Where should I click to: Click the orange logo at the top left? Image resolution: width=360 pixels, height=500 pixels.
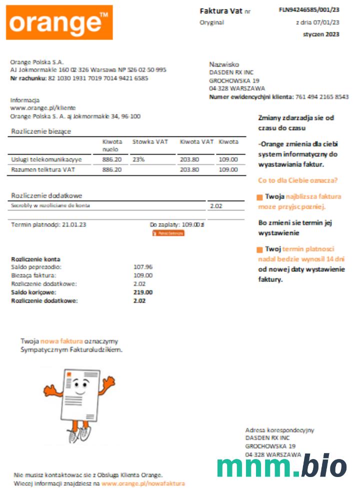[59, 22]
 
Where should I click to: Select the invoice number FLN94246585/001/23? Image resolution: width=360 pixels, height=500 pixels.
[309, 9]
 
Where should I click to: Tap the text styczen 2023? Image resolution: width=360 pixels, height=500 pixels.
[321, 34]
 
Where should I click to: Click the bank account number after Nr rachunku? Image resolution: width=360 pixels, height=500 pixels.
[98, 78]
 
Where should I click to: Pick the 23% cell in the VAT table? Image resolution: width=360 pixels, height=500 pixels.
[138, 159]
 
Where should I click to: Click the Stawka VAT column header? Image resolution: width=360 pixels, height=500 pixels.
[150, 142]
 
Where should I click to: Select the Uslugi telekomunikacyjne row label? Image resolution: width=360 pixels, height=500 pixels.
[46, 159]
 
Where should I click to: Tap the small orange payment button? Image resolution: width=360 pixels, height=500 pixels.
[168, 233]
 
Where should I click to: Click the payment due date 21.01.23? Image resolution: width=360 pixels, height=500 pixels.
[74, 225]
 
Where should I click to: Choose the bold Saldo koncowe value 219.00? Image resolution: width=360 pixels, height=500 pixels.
[143, 292]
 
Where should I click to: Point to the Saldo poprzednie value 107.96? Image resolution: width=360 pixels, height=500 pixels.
[143, 267]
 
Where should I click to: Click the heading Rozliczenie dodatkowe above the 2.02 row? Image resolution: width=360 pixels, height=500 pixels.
[46, 195]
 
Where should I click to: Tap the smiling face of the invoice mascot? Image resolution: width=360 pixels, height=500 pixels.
[80, 385]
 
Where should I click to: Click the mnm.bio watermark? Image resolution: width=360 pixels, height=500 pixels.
[281, 466]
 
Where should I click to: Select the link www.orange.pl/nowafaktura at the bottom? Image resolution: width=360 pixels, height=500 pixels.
[143, 483]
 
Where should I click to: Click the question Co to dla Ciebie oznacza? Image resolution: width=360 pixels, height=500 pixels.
[298, 180]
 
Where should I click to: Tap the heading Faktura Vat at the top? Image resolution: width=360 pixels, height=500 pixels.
[217, 11]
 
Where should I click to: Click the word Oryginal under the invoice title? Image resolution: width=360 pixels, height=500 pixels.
[212, 22]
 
